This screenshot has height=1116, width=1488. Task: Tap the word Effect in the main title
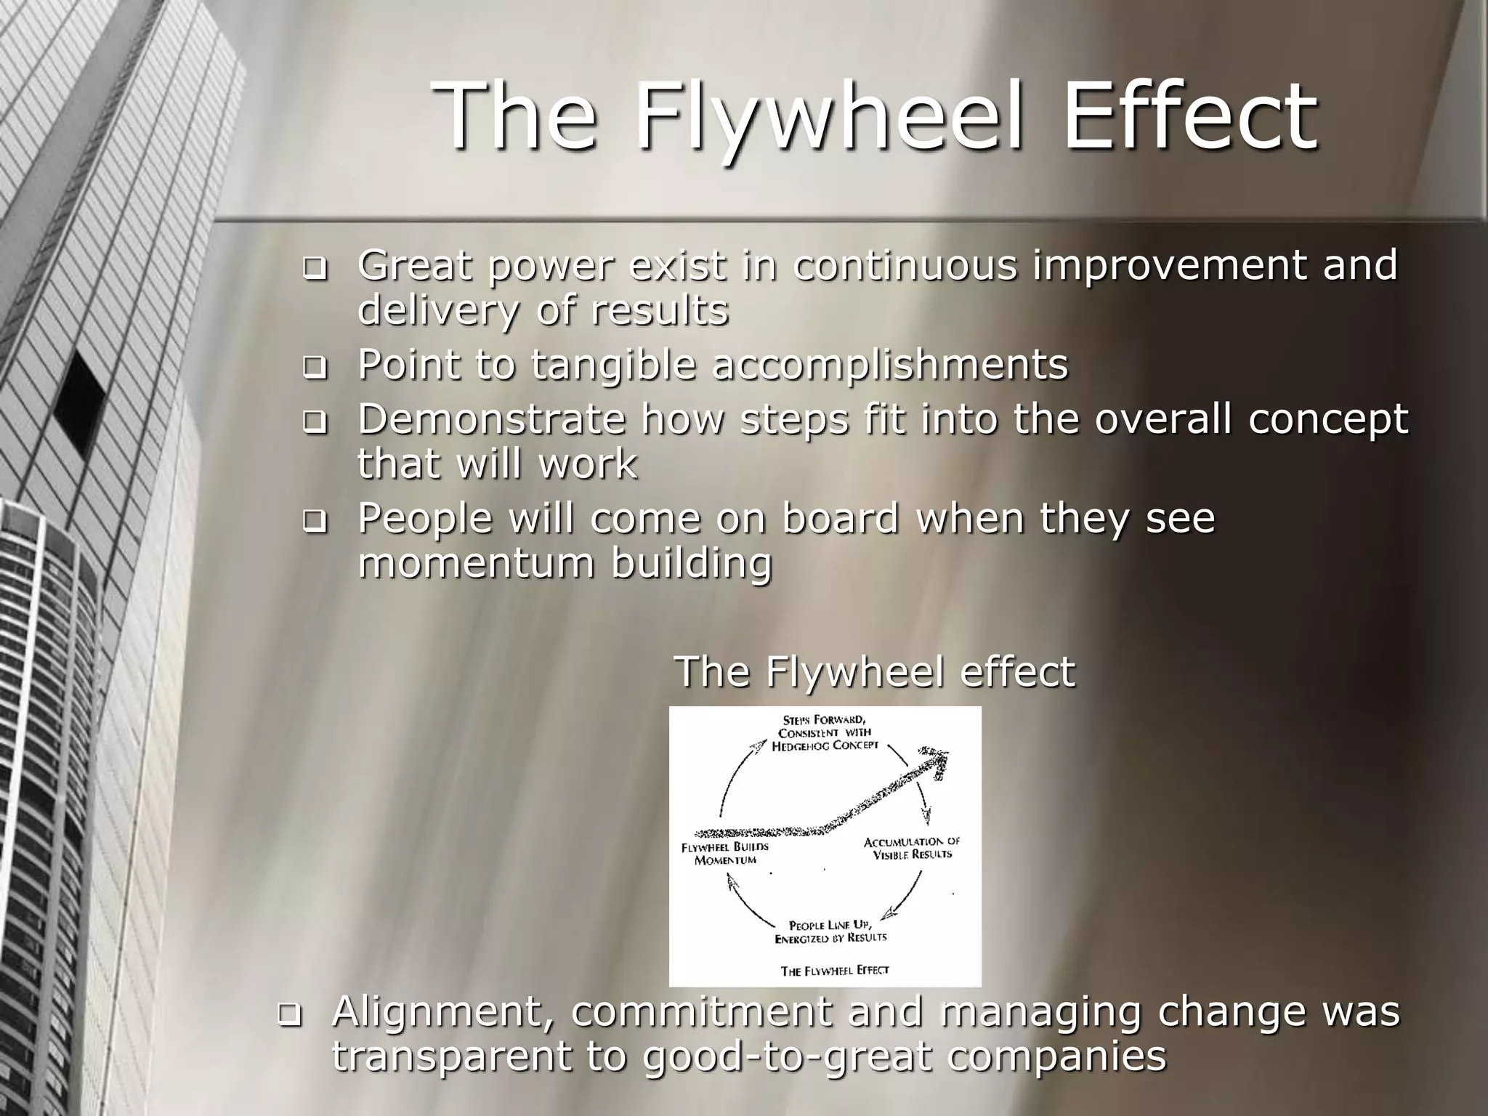1190,116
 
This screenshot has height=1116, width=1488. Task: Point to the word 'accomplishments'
889,364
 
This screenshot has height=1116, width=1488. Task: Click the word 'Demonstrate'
491,419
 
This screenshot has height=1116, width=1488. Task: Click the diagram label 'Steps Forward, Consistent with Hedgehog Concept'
825,732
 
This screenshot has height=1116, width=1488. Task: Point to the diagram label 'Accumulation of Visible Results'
912,847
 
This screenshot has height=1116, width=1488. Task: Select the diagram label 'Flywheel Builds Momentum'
725,853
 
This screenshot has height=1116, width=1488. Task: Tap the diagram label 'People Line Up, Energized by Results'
830,931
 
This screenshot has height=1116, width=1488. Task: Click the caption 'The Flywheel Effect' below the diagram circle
835,970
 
